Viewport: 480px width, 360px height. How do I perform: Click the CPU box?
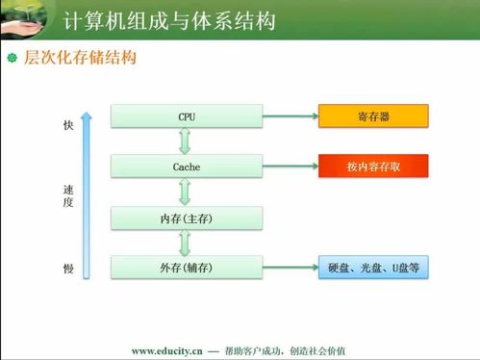click(187, 117)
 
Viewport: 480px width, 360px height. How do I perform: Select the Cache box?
click(187, 167)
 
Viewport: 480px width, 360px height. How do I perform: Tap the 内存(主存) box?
click(187, 219)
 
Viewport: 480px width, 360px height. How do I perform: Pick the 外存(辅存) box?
click(187, 268)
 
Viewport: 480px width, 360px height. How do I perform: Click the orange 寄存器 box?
click(373, 117)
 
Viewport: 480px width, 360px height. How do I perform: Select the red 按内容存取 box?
click(373, 167)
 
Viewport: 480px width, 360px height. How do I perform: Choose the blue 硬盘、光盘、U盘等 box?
click(373, 268)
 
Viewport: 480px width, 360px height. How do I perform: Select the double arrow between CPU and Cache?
click(187, 141)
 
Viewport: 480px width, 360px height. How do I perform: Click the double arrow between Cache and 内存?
click(187, 192)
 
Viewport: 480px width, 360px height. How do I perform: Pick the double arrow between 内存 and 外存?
click(187, 243)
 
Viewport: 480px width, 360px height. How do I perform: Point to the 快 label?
click(68, 126)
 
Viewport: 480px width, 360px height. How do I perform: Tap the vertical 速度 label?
click(68, 196)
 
